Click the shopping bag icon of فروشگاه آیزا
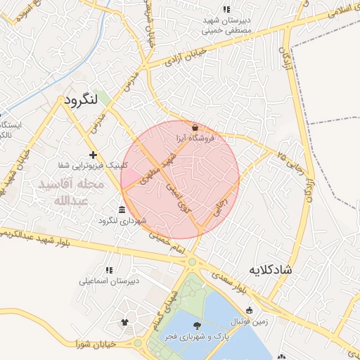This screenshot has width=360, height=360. pos(195,127)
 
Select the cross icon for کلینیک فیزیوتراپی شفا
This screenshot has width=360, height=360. pos(93,154)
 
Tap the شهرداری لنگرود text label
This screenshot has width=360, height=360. pos(144,221)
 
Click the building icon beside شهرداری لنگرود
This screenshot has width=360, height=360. pos(122,210)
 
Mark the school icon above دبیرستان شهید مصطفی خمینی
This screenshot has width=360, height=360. pos(226,9)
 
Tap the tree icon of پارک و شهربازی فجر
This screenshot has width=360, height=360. pos(196,325)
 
